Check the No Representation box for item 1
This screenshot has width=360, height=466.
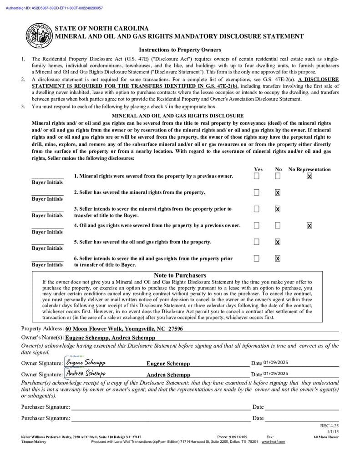pyautogui.click(x=309, y=176)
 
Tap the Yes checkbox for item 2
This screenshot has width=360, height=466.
pyautogui.click(x=257, y=192)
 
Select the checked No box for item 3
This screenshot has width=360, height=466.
pyautogui.click(x=278, y=209)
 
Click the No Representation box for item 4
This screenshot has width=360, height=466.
pyautogui.click(x=309, y=225)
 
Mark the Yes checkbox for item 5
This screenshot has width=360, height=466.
pyautogui.click(x=257, y=242)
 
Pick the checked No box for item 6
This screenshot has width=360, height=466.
pyautogui.click(x=278, y=258)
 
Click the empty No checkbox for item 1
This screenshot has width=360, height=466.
pyautogui.click(x=278, y=176)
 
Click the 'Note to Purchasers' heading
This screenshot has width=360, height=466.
pyautogui.click(x=180, y=275)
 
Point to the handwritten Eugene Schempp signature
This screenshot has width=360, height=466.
pyautogui.click(x=86, y=362)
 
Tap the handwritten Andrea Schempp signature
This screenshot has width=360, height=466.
pyautogui.click(x=86, y=374)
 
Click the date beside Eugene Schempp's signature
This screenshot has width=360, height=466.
pyautogui.click(x=276, y=363)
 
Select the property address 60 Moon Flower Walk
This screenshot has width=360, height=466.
pyautogui.click(x=124, y=329)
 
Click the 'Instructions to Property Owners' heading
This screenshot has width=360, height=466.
pyautogui.click(x=180, y=50)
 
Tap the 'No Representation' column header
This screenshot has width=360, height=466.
pyautogui.click(x=309, y=169)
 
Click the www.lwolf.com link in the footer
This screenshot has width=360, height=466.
pyautogui.click(x=273, y=441)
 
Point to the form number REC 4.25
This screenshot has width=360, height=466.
pyautogui.click(x=330, y=426)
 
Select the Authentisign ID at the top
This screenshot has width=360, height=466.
pyautogui.click(x=54, y=8)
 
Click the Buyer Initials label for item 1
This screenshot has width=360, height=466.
pyautogui.click(x=47, y=182)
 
